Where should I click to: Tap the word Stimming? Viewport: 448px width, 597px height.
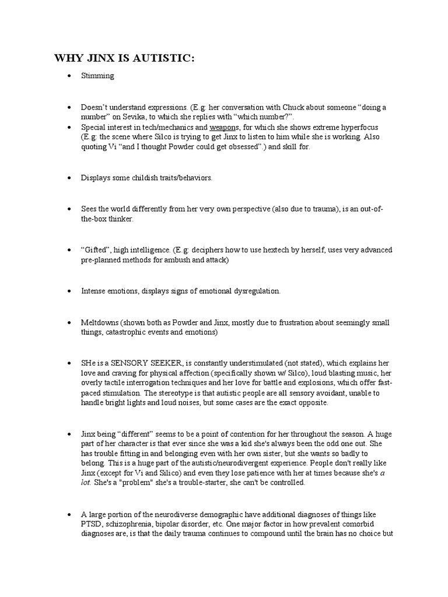(97, 76)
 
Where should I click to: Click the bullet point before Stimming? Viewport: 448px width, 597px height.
(69, 76)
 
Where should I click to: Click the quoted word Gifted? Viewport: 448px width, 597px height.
(95, 250)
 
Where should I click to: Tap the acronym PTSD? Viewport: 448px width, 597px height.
(92, 524)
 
